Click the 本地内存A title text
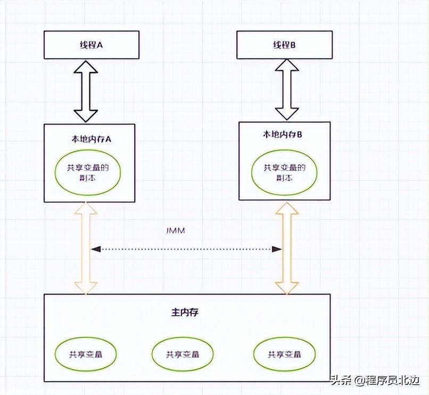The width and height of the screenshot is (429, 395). tap(90, 138)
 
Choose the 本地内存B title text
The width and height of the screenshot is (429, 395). tap(284, 135)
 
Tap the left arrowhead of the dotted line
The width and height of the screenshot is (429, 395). tap(96, 249)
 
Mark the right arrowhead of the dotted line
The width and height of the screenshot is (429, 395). tap(277, 249)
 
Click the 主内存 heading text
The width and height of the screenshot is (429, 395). tap(186, 312)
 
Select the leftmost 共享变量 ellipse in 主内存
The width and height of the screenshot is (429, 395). tap(85, 354)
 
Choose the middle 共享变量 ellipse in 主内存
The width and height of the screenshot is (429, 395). tap(183, 354)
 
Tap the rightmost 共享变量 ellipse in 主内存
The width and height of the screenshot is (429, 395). tap(284, 354)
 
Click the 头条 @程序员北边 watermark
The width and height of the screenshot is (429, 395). tap(375, 381)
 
